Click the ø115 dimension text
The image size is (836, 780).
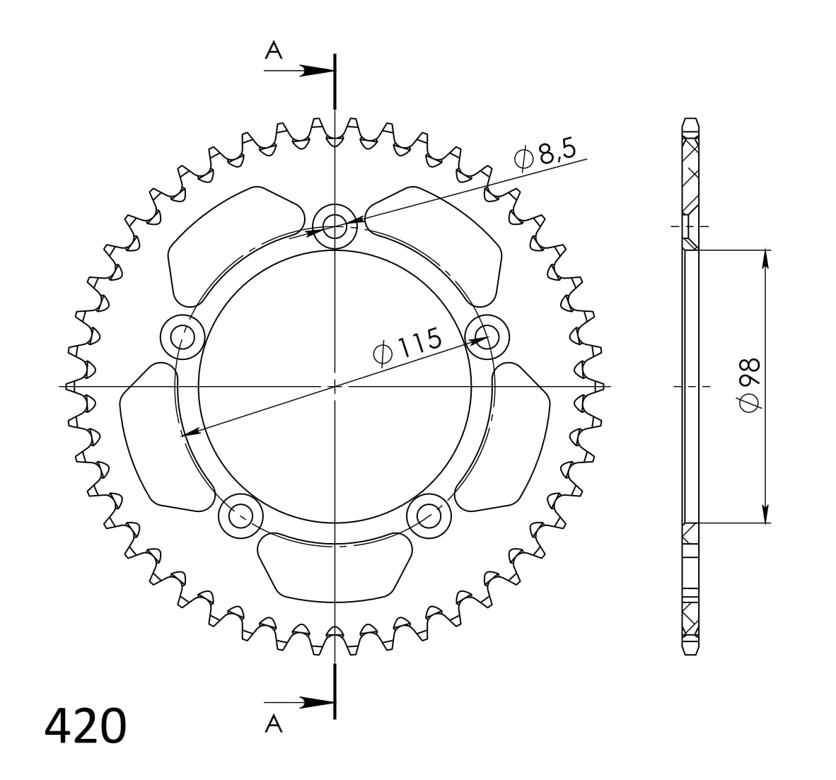pos(407,346)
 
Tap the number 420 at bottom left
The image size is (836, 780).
pos(86,726)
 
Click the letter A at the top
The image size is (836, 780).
pos(274,50)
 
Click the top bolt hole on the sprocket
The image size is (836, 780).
pos(335,227)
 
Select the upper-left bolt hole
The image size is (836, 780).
pos(182,336)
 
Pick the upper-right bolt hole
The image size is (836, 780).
pos(487,336)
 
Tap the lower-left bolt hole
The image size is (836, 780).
pos(240,516)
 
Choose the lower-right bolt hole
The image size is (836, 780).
pos(429,516)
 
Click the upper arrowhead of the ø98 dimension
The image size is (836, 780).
pos(765,259)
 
